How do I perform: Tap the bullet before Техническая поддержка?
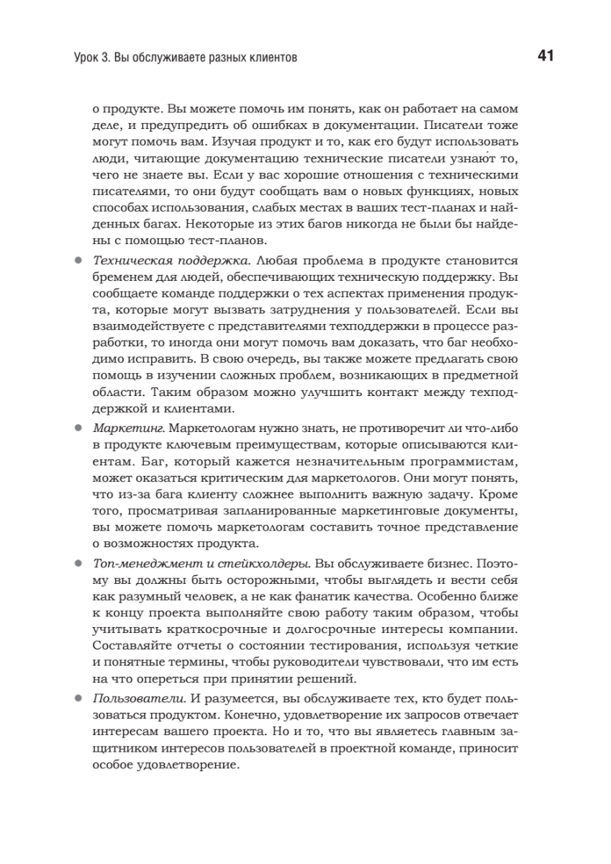78,259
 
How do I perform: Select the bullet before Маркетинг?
78,428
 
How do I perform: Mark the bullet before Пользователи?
78,698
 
